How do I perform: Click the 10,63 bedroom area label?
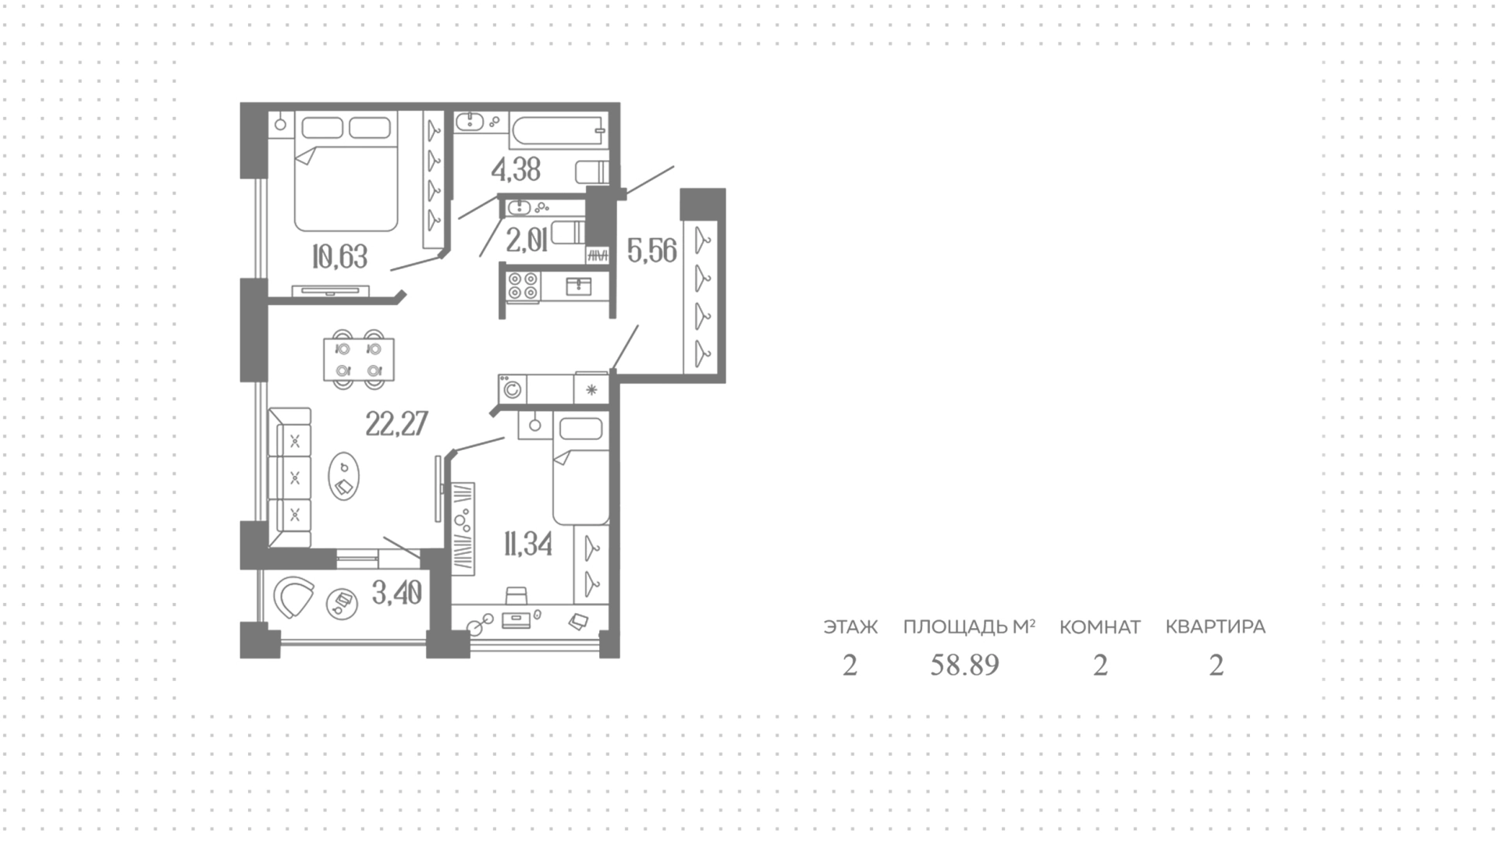[339, 256]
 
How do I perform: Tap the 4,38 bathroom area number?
[516, 169]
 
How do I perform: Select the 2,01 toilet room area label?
[526, 241]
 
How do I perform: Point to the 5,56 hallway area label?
[651, 251]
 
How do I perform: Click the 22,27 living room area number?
[396, 424]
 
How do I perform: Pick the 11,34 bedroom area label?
[528, 544]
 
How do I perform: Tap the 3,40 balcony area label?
[397, 594]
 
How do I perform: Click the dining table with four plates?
[359, 359]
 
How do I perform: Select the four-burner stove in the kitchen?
[523, 286]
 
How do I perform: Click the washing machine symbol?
[513, 389]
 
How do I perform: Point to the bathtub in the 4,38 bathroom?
[558, 130]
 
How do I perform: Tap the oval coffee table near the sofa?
[343, 477]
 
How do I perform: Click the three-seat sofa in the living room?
[289, 477]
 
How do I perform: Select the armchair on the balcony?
[294, 598]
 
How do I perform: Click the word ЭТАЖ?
[850, 627]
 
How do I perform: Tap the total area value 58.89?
[965, 665]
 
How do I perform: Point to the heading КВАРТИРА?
[1216, 627]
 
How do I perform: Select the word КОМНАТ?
[1100, 627]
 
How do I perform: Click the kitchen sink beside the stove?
[578, 286]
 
